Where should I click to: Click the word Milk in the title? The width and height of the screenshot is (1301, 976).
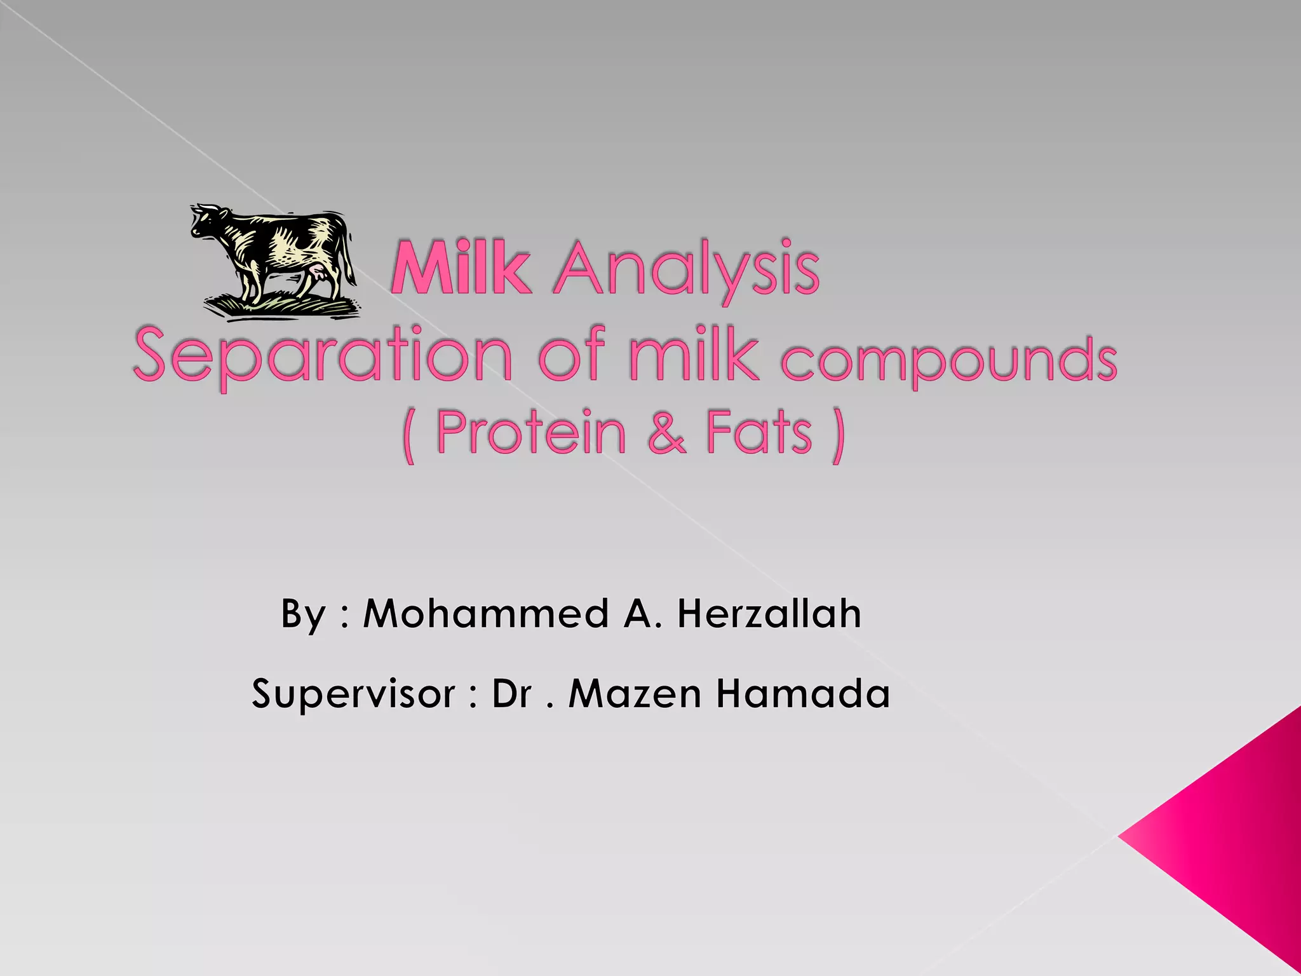pyautogui.click(x=461, y=269)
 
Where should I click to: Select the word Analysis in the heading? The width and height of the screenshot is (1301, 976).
pyautogui.click(x=686, y=271)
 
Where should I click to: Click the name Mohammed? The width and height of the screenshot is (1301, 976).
pyautogui.click(x=485, y=614)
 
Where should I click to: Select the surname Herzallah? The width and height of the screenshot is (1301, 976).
pyautogui.click(x=769, y=614)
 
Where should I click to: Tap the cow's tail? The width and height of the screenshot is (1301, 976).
pyautogui.click(x=349, y=257)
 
